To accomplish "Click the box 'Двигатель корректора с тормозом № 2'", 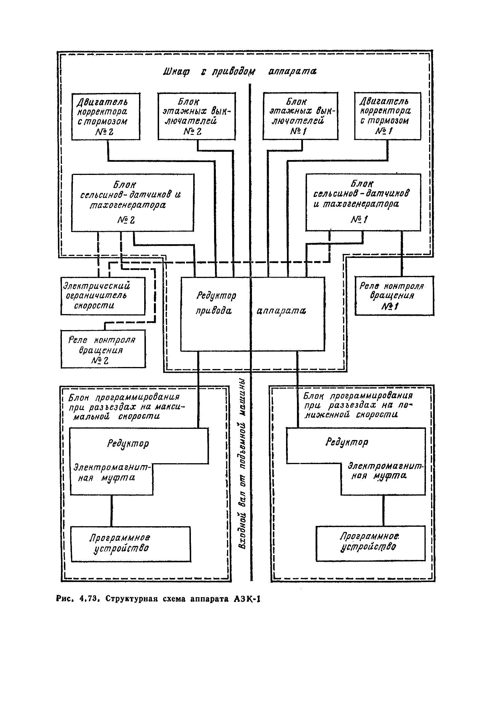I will pos(106,117).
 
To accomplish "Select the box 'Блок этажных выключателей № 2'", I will pos(197,116).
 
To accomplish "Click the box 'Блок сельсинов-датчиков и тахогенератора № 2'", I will pos(133,202).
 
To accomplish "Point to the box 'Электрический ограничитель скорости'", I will pos(103,296).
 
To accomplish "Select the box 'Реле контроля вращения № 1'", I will pos(394,296).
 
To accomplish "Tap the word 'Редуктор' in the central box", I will pos(216,296).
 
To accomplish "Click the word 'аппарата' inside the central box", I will pos(281,311).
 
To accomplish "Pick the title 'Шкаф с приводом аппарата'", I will pos(239,72).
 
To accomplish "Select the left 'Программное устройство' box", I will pos(130,544).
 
